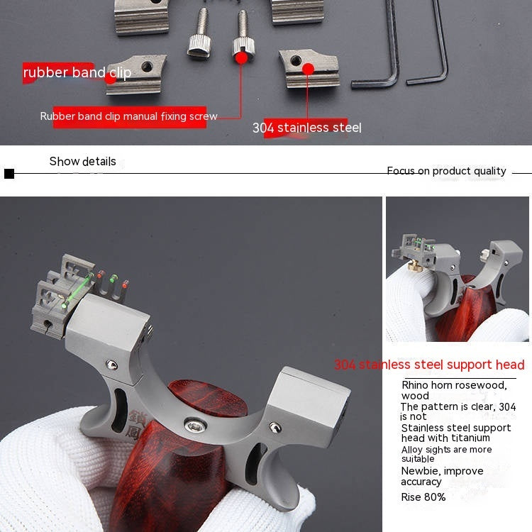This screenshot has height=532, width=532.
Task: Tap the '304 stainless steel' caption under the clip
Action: click(x=306, y=128)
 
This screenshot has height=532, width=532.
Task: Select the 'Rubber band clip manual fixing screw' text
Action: click(x=128, y=116)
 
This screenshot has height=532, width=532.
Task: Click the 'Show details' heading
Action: click(x=82, y=162)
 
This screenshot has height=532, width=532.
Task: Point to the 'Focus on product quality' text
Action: click(x=446, y=171)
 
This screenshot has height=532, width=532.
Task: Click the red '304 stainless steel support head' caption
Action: click(x=429, y=365)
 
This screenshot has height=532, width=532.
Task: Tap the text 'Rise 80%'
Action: click(x=423, y=497)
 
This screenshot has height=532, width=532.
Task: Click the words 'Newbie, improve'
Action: click(x=442, y=471)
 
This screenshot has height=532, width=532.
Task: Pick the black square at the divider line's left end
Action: click(x=9, y=174)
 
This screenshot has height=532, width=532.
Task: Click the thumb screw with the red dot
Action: click(x=242, y=40)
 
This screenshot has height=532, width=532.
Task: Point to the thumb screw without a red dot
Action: click(x=197, y=40)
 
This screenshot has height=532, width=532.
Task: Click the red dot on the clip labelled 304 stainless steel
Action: click(x=308, y=69)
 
